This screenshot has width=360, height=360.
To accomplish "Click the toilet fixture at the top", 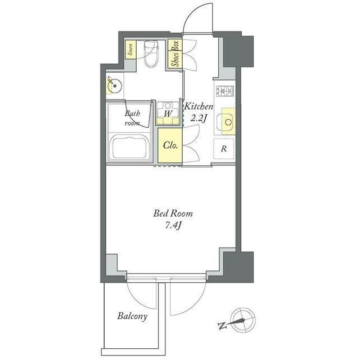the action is (151, 54).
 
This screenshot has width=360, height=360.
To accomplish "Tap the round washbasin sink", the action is (115, 86).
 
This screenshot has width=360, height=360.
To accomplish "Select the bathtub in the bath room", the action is (130, 146).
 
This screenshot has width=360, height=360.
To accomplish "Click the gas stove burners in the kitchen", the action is (225, 91).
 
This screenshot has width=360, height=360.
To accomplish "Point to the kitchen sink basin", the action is (226, 121).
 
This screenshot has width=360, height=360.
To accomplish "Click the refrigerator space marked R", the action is (224, 148).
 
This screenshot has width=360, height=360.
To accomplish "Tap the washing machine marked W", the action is (168, 113).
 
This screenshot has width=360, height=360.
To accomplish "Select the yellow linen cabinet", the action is (130, 49).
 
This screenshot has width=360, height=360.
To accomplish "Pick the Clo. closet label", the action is (170, 145).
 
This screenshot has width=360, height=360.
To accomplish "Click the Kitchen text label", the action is (199, 107).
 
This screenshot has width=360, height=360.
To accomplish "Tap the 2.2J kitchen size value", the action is (199, 119).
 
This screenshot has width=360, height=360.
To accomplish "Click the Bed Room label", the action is (173, 214).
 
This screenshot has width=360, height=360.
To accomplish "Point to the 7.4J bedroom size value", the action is (173, 226).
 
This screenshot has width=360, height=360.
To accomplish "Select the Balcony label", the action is (132, 316).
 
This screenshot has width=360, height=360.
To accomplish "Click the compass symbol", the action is (244, 320).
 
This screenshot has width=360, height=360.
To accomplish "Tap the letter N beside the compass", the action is (222, 326).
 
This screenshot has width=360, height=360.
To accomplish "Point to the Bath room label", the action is (132, 118).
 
